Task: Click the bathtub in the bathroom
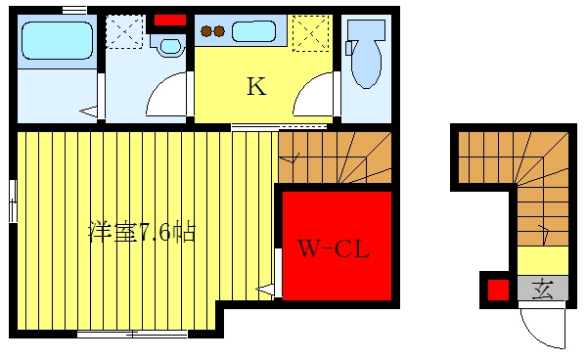(57, 40)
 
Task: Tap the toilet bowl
(367, 64)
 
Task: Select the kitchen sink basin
(253, 31)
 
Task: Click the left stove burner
(206, 31)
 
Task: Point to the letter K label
(256, 86)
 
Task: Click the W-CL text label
(334, 248)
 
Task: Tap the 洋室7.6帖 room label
(142, 233)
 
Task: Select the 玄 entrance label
(542, 289)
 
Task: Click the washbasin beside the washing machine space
(170, 46)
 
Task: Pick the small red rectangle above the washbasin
(170, 21)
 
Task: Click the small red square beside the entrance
(498, 290)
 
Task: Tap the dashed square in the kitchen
(310, 33)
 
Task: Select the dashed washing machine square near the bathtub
(124, 32)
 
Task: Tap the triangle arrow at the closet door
(265, 290)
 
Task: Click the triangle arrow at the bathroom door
(88, 112)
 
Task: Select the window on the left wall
(13, 201)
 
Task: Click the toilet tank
(366, 30)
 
